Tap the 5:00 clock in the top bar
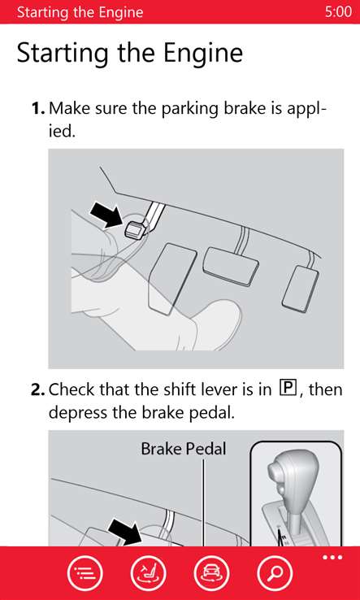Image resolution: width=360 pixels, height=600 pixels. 338,11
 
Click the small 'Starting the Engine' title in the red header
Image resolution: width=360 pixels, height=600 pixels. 80,12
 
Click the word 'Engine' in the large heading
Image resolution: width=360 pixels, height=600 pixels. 202,53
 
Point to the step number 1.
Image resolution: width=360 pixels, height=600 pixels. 39,109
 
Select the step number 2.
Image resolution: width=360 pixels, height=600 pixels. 39,389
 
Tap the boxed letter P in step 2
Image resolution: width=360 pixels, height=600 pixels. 288,389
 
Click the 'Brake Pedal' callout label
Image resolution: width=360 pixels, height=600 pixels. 184,449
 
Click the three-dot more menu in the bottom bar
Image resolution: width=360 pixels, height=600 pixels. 332,557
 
